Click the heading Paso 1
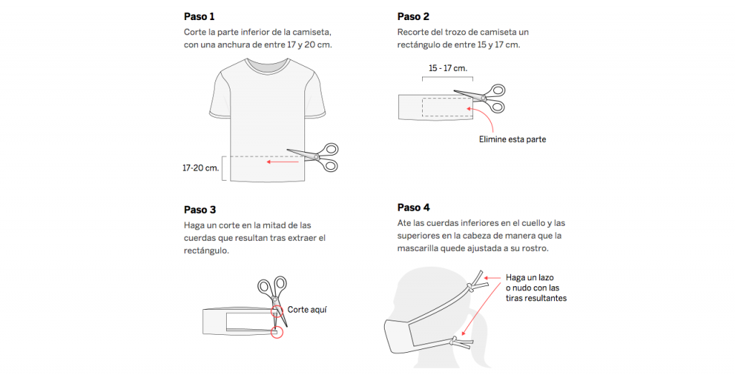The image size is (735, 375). pyautogui.click(x=199, y=16)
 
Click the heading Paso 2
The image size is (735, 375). pyautogui.click(x=413, y=16)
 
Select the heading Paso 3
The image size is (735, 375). pyautogui.click(x=200, y=209)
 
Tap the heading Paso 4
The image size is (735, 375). pyautogui.click(x=413, y=207)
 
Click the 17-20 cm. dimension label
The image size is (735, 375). pyautogui.click(x=200, y=168)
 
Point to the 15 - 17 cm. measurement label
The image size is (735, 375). pyautogui.click(x=448, y=68)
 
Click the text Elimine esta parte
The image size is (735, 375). pyautogui.click(x=512, y=139)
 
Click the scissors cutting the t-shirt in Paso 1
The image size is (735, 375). pyautogui.click(x=316, y=156)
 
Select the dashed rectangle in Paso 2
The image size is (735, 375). pyautogui.click(x=444, y=106)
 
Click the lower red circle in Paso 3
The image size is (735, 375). pyautogui.click(x=278, y=332)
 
